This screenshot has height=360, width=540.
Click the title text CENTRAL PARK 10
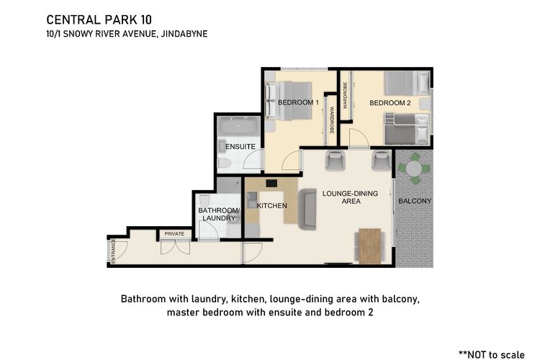tap(99, 20)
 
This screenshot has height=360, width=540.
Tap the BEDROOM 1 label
tap(298, 102)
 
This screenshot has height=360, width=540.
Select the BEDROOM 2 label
tap(390, 103)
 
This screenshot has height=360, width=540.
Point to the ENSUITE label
tap(240, 146)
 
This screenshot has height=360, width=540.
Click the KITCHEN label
tap(271, 206)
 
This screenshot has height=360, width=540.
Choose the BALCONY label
tap(415, 201)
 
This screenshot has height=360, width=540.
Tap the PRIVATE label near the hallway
tap(174, 233)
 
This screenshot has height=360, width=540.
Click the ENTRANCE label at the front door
tap(113, 251)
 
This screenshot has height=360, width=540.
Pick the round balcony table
tap(413, 168)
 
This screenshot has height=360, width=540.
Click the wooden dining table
tap(370, 246)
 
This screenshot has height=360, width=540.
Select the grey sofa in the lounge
tap(307, 209)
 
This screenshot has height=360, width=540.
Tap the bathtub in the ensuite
tap(238, 126)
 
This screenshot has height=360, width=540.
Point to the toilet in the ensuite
tap(225, 163)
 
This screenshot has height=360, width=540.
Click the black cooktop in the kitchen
tap(271, 184)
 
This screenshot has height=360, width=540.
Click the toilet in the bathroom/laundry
tap(204, 201)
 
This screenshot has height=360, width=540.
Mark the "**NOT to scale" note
tap(492, 354)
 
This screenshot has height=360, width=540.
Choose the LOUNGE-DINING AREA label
tap(350, 197)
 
